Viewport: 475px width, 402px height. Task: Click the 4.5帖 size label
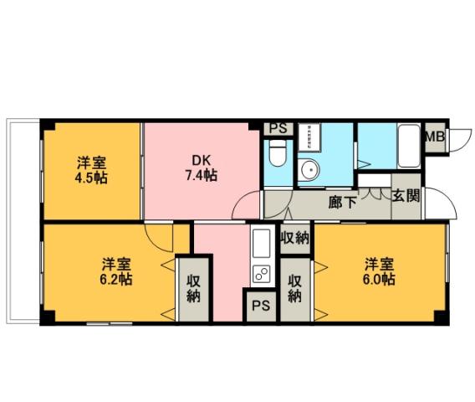coord(93,178)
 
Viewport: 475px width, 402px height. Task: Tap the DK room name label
coord(201,160)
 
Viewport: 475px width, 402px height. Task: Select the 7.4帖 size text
coord(201,176)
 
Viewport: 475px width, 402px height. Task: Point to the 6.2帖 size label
coord(116,279)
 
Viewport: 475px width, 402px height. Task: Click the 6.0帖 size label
coord(379,280)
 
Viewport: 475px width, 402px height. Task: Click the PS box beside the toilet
coord(277,129)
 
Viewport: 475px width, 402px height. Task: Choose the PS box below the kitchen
coord(258,306)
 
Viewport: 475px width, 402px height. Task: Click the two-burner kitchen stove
coord(261,271)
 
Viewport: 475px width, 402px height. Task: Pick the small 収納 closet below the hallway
coord(294,238)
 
